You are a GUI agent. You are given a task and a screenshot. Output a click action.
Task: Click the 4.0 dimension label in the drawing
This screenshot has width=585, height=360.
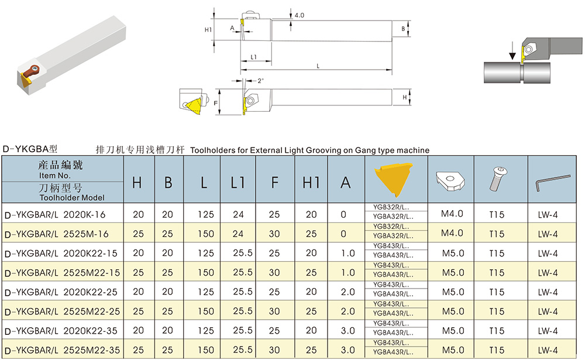tap(300, 15)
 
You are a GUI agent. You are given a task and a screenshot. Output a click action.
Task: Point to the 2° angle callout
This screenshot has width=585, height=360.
tap(260, 81)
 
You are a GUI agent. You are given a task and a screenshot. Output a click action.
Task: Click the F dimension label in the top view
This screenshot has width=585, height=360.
tap(216, 102)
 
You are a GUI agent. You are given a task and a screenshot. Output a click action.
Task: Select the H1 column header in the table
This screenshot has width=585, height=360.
tap(311, 182)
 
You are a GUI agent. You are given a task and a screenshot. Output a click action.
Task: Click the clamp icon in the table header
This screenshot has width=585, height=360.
tap(450, 180)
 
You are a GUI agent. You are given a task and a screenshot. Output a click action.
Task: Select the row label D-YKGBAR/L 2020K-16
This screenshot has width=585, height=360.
tap(54, 215)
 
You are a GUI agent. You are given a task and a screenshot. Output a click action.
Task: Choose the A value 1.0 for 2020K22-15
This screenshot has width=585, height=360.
tap(347, 253)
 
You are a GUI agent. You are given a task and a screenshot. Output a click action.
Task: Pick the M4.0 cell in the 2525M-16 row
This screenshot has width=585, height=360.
tap(452, 233)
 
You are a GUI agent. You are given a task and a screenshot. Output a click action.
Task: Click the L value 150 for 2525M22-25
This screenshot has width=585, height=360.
tap(204, 311)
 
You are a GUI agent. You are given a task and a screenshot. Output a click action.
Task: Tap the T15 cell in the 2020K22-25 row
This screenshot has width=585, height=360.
tap(496, 292)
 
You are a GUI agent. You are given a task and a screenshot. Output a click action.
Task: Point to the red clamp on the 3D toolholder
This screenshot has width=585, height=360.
tap(30, 72)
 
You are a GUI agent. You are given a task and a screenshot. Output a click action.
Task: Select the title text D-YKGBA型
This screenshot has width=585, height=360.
tap(30, 150)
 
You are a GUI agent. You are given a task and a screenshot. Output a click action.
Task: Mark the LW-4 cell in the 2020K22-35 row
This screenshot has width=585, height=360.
tap(548, 331)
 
